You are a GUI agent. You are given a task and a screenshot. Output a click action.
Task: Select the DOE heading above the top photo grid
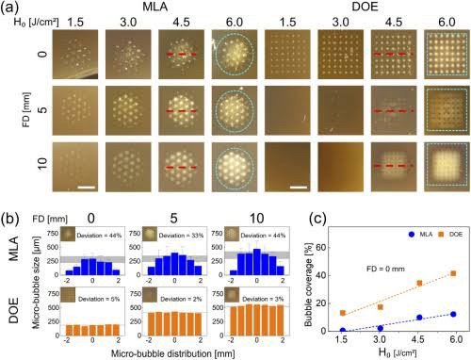pos(359,8)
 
